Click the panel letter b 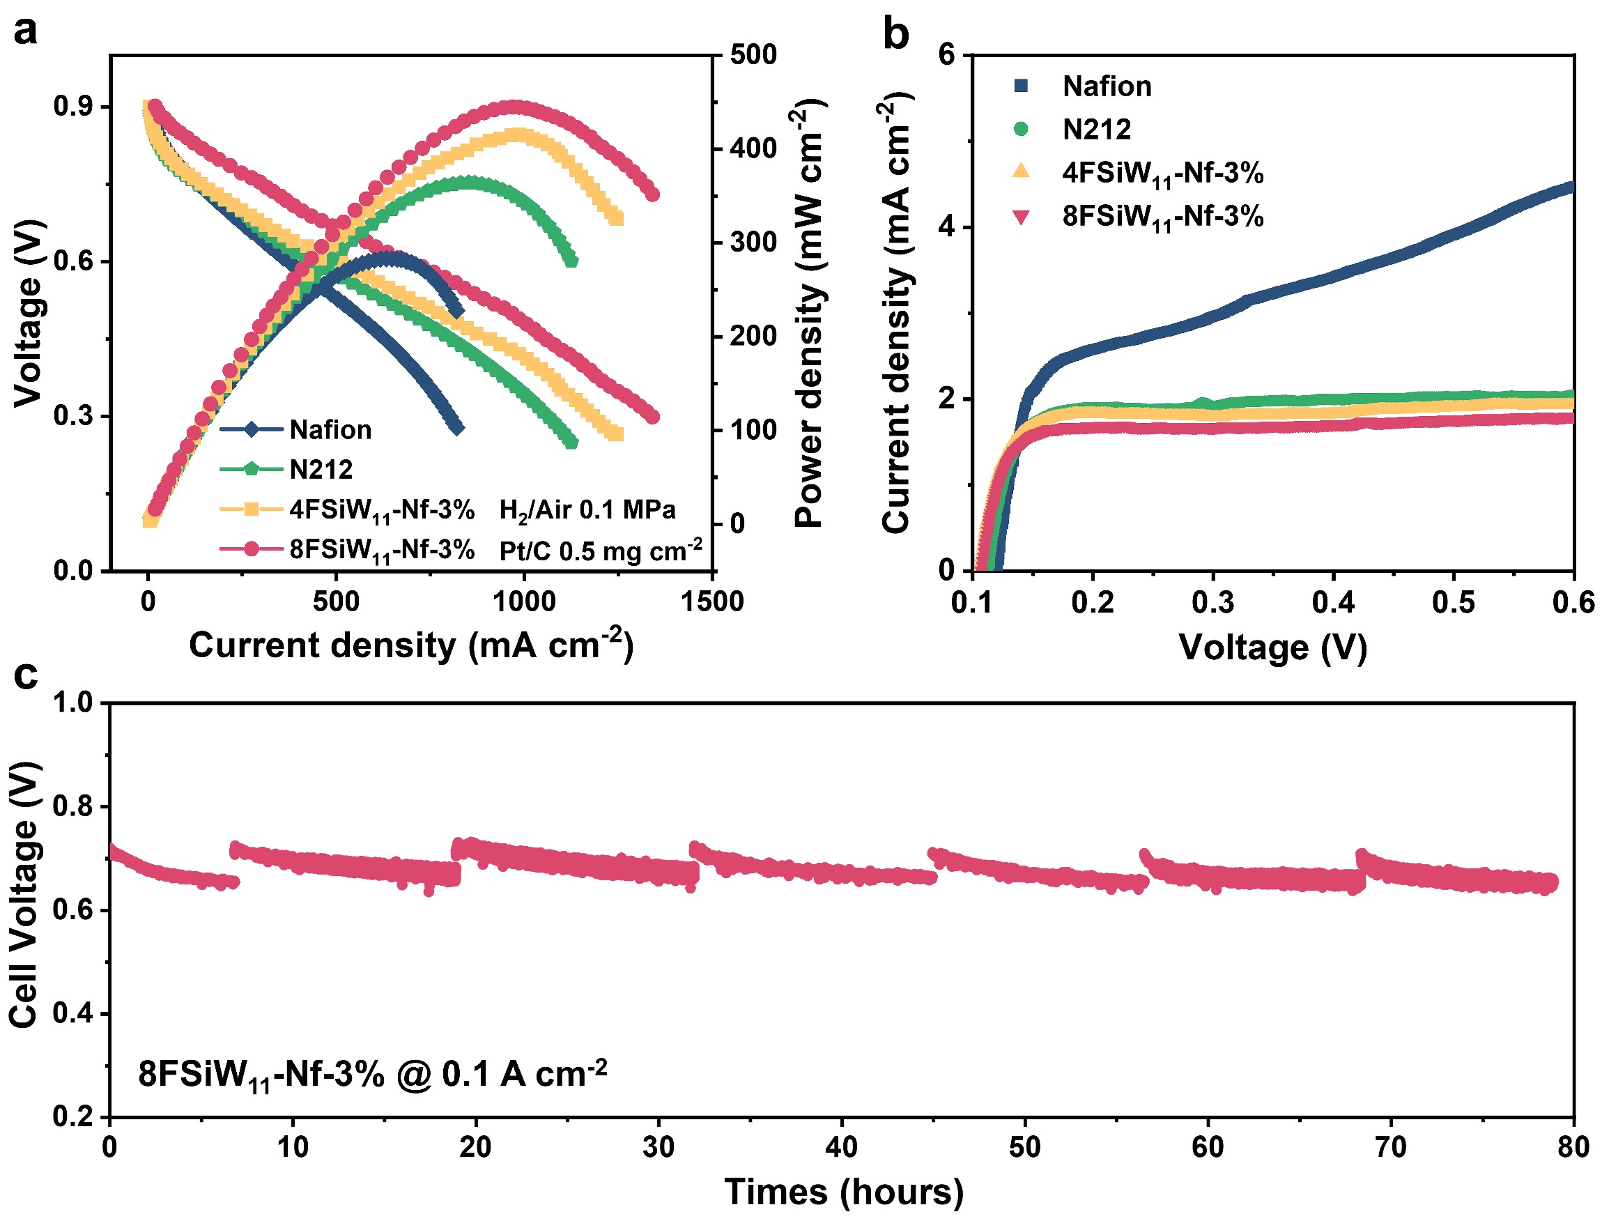(x=896, y=33)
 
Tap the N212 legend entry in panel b (x=1096, y=130)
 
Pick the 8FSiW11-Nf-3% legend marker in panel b (x=1022, y=217)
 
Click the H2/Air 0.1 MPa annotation (x=587, y=511)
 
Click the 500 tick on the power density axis (x=753, y=54)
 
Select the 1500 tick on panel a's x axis (x=712, y=601)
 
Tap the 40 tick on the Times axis (x=841, y=1148)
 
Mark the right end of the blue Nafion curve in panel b (x=1571, y=187)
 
